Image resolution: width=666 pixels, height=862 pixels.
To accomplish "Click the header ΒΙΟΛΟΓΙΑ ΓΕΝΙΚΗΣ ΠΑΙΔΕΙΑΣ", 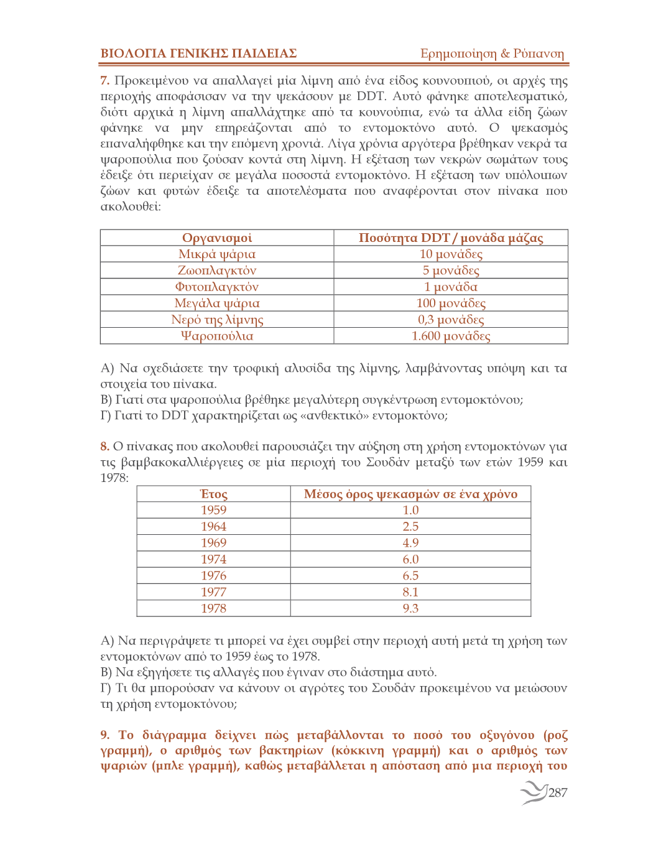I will [198, 53].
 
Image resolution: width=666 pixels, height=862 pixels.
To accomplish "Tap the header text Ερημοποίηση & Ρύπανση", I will [492, 53].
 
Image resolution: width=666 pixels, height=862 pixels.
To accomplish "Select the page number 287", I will [558, 792].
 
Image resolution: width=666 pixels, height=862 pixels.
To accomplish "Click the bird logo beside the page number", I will [533, 792].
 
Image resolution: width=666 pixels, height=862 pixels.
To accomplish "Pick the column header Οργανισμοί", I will [217, 238].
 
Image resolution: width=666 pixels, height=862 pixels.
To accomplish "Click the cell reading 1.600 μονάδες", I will [451, 336].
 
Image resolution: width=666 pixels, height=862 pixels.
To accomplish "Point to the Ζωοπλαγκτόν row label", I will [217, 271].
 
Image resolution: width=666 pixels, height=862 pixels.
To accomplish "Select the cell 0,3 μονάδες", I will [451, 320].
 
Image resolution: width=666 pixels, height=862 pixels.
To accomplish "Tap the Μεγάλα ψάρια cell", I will [217, 304].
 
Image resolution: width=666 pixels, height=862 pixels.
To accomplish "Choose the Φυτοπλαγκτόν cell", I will [217, 287].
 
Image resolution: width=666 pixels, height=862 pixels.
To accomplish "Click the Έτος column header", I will [213, 494].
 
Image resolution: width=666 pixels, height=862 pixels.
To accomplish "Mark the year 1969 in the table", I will [213, 543].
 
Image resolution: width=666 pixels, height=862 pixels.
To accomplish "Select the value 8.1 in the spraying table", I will [410, 592].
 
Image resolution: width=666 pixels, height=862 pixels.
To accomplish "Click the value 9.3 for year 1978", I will [410, 608].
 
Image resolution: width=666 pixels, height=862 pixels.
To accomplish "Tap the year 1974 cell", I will [213, 559].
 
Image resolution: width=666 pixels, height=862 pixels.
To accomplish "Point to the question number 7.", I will [104, 81].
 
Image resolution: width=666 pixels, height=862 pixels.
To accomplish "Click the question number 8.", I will [104, 447].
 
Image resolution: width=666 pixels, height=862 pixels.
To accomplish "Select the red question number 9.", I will [104, 735].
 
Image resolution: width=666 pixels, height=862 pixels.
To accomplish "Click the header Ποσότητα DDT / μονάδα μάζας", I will [451, 238].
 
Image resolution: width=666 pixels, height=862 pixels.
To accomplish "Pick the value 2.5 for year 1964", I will [410, 526].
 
